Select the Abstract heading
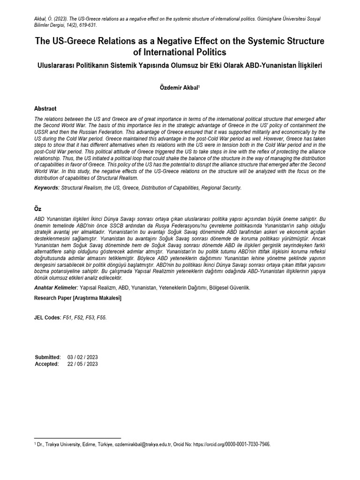tap(45, 108)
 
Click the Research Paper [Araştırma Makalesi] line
tap(78, 298)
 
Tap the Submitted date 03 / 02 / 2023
tap(82, 357)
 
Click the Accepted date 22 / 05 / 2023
tap(82, 364)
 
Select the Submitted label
tap(47, 357)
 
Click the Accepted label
tap(46, 364)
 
